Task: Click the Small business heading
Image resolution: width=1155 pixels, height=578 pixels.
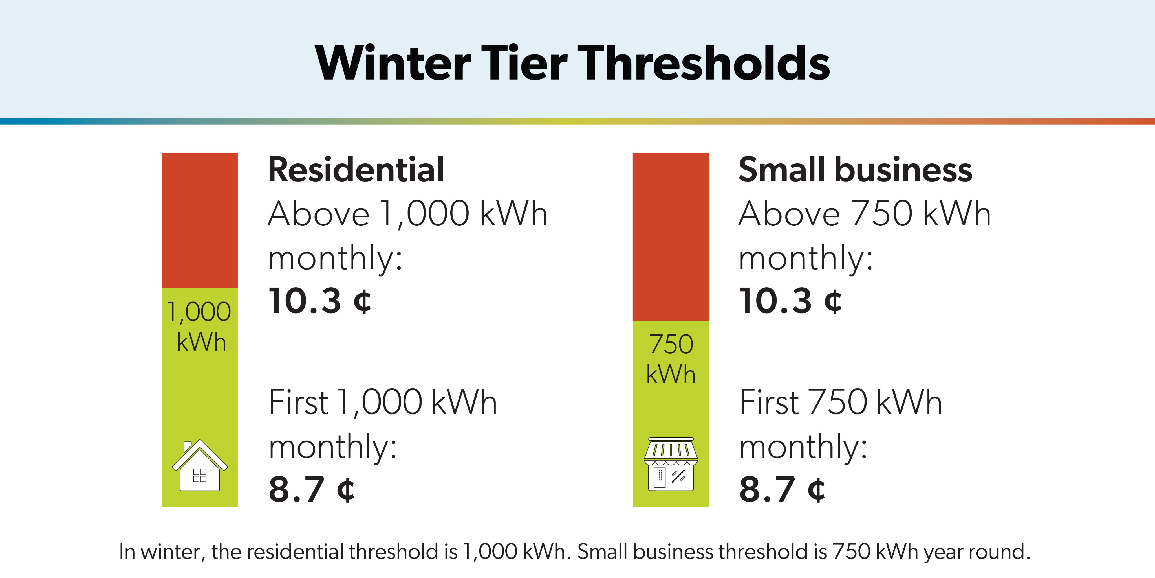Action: point(855,170)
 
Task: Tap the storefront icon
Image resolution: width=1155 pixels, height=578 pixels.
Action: point(671,465)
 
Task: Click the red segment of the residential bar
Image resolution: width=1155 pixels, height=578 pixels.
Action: point(200,220)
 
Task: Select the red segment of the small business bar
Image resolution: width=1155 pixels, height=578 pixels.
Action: point(671,237)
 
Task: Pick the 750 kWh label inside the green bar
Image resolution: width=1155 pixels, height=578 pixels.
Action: point(671,359)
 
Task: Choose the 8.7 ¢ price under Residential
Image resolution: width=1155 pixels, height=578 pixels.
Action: point(311,489)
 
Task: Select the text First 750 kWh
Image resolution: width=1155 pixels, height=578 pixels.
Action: point(840,402)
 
